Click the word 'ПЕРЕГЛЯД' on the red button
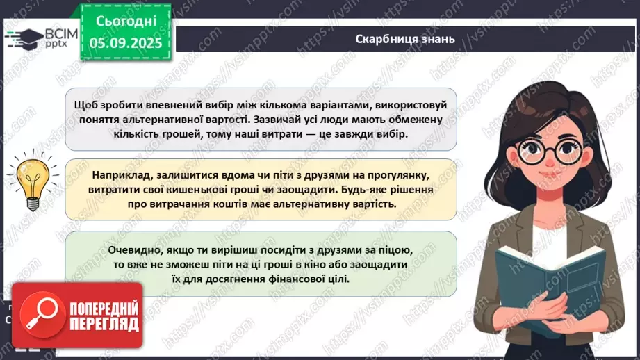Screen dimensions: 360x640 [x=105, y=324]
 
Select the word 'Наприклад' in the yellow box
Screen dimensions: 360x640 [x=119, y=177]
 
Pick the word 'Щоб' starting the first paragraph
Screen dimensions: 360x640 [x=85, y=104]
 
